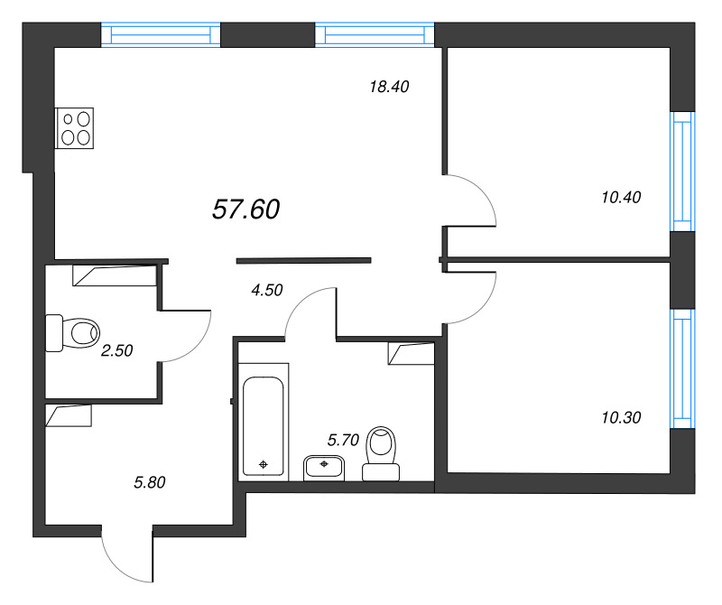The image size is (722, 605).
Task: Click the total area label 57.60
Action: click(245, 209)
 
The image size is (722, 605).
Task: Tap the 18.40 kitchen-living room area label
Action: click(389, 87)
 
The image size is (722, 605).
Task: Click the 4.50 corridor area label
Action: click(266, 290)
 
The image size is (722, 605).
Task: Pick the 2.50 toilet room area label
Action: click(116, 351)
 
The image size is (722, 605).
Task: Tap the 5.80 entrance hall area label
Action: click(150, 482)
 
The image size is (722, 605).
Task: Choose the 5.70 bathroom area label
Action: click(343, 440)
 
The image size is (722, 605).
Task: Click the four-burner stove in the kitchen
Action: click(75, 127)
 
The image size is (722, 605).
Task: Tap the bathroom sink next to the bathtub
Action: click(323, 467)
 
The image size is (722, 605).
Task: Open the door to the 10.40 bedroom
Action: click(472, 201)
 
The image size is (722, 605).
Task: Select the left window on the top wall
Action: click(161, 35)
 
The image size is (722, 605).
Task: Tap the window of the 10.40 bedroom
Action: click(681, 172)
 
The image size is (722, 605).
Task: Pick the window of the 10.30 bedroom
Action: click(681, 368)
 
